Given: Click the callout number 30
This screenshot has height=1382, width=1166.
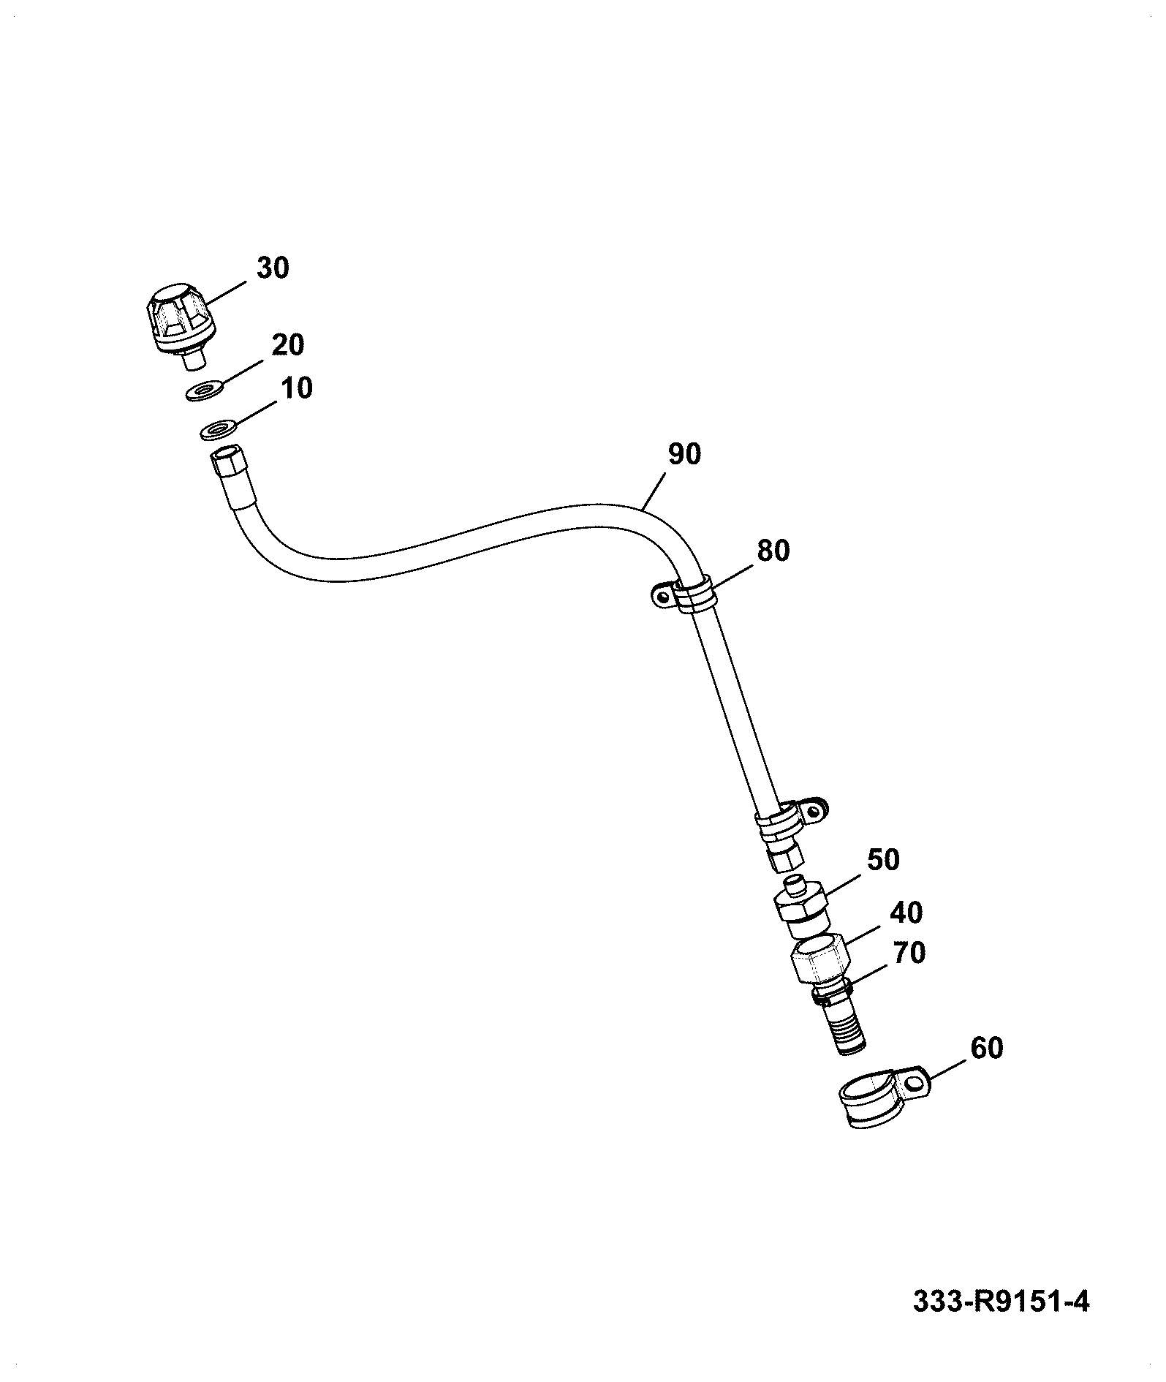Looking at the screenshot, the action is tap(272, 268).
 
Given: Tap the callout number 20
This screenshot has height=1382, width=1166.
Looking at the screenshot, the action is tap(287, 344).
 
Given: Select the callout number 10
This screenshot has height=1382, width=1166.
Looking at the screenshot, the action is tap(295, 388).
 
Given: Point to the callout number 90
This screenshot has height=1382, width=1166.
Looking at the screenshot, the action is tap(684, 454).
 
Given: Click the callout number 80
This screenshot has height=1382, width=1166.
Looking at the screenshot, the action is tap(773, 550).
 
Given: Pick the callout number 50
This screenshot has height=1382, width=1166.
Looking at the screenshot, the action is tap(882, 860).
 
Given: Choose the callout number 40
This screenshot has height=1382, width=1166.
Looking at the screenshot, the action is tap(906, 913).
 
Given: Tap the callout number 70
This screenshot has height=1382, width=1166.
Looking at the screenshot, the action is tap(909, 953).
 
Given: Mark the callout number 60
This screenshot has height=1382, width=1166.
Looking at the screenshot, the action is tap(986, 1048).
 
